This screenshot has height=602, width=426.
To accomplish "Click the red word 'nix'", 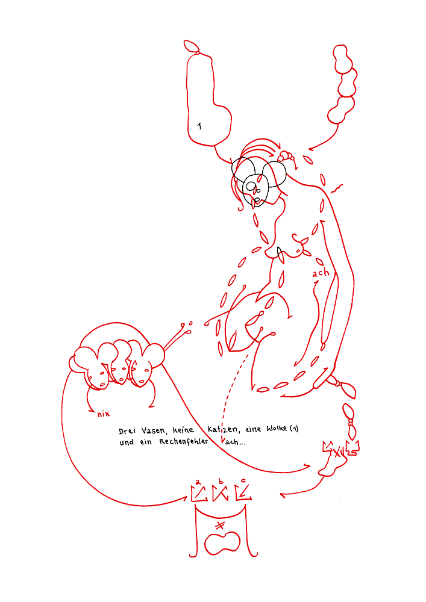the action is point(103,414).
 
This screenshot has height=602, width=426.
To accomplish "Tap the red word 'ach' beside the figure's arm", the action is point(321,273).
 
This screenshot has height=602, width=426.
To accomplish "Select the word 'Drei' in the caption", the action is point(127,431).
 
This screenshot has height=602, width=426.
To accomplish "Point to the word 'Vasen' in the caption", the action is point(154,430).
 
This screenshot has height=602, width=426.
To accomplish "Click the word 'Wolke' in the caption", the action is point(277,428).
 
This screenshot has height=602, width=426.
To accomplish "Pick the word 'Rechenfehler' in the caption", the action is point(184,441).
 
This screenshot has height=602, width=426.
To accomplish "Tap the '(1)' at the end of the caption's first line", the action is point(294,428).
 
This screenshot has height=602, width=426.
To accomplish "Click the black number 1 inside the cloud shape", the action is point(199,126).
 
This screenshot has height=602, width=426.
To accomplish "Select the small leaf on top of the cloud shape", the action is point(191,46).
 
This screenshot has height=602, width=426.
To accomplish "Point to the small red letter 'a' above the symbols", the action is point(198,482).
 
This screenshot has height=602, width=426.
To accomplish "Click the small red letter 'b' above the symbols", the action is point(221,482).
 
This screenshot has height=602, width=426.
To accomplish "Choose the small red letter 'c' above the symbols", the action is point(243,480).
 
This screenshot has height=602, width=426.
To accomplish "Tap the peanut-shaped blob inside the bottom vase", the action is point(222,543).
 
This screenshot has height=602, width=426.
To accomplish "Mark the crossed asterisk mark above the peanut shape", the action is point(220,525).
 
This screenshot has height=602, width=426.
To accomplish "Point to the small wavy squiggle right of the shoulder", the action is point(336,188).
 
